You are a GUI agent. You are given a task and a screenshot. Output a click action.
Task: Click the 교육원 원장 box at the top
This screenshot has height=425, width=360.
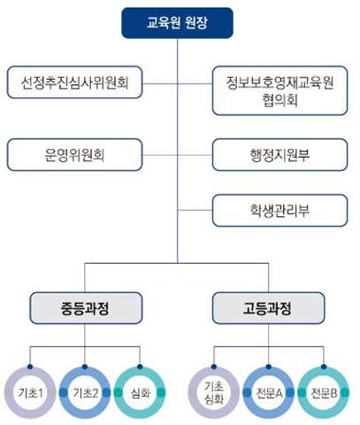point(177,23)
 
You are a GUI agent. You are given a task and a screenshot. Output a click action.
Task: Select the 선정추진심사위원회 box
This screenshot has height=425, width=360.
point(74,82)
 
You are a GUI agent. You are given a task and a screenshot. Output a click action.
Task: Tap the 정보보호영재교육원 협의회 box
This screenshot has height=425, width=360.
point(280,90)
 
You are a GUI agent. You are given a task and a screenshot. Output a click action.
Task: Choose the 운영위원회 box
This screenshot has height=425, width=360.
point(74,155)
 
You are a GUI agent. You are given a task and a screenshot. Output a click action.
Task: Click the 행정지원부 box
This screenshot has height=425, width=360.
point(280,155)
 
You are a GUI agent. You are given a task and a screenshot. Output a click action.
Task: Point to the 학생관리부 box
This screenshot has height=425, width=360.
point(280,211)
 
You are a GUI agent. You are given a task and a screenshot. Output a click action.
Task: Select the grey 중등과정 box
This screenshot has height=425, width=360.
point(86,308)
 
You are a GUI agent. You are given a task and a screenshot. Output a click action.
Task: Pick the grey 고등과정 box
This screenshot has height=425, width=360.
point(268,308)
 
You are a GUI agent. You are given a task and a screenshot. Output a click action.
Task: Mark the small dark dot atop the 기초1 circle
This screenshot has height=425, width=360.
point(30,367)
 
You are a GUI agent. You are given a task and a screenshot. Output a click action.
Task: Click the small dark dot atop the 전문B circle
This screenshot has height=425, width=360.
point(324,367)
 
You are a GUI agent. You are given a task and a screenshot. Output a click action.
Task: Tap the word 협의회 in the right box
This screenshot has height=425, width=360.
point(280,100)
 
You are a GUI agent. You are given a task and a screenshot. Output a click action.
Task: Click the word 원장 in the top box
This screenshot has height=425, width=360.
point(196,23)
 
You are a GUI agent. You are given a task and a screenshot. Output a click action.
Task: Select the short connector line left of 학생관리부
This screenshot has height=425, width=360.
point(195,210)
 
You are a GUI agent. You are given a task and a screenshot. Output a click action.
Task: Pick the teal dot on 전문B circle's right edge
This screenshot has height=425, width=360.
point(345,393)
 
